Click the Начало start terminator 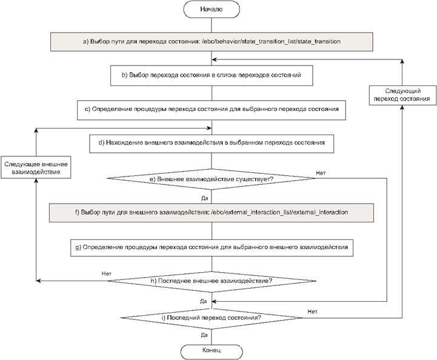(212, 9)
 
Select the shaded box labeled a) (212, 42)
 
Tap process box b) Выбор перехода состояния (212, 76)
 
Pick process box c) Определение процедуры (212, 110)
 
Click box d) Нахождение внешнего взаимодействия (212, 144)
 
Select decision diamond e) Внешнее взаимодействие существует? (212, 179)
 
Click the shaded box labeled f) (212, 213)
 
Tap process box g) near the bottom (212, 248)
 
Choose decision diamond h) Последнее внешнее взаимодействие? (212, 281)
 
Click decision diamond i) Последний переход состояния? (212, 318)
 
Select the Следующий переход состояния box (402, 95)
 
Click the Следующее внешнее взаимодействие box (36, 167)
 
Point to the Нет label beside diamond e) (321, 173)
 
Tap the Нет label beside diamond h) (107, 273)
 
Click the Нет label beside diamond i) (312, 312)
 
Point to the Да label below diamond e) (205, 198)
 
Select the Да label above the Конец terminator (204, 335)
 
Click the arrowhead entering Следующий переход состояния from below (402, 107)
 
